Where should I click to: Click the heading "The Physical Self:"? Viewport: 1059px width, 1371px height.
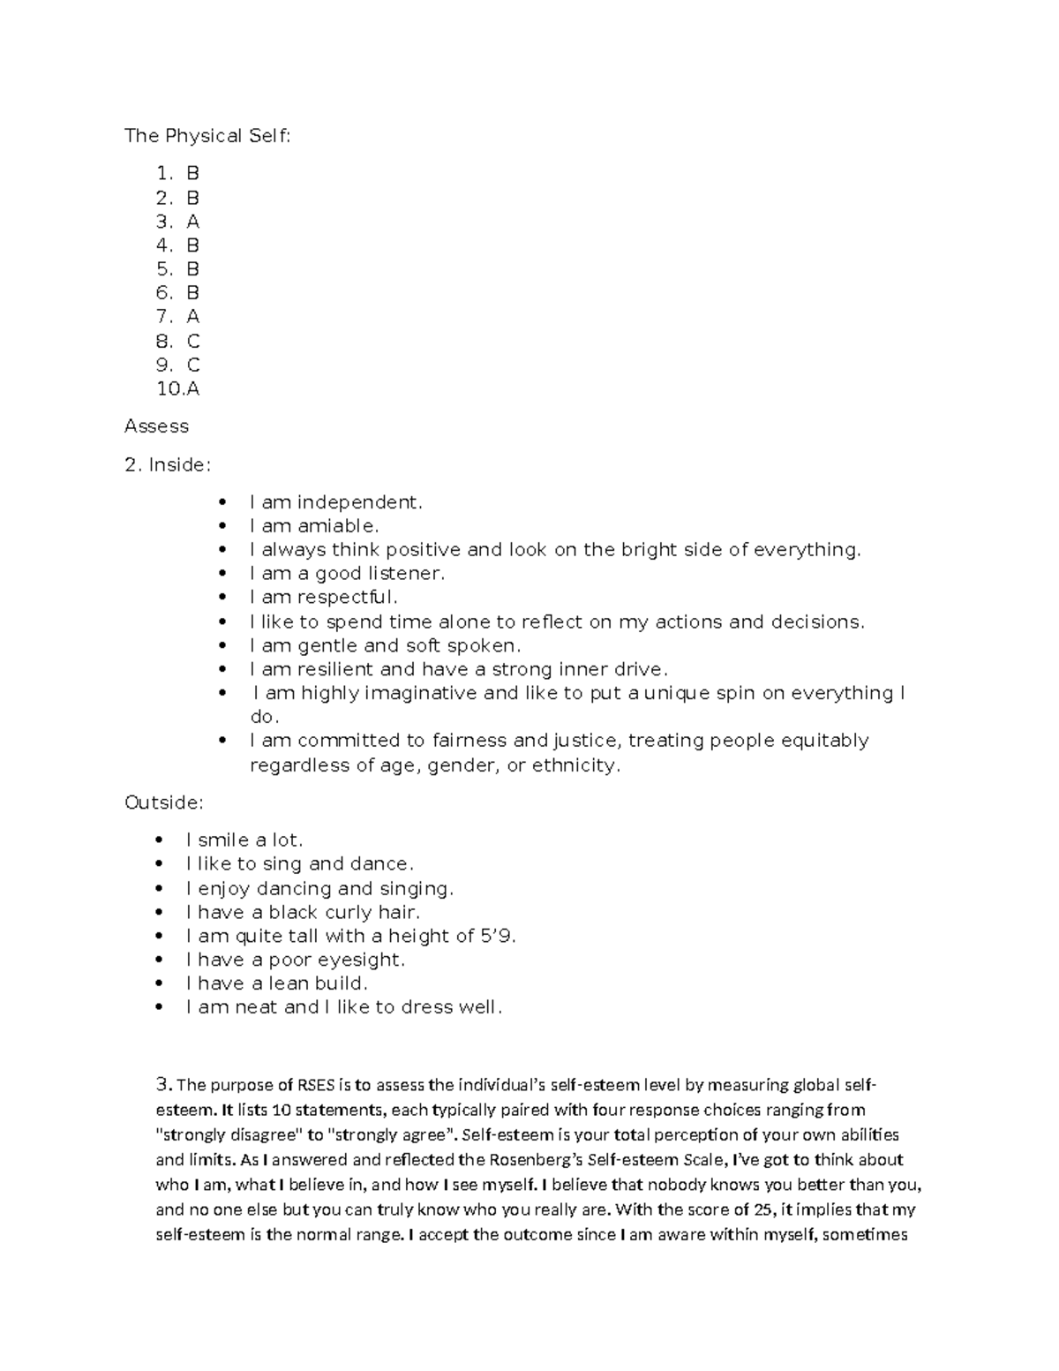point(207,136)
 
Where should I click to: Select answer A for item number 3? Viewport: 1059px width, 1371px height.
point(192,222)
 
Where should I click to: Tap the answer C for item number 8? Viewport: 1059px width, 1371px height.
point(193,341)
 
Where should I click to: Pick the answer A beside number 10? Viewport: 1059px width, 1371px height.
point(193,388)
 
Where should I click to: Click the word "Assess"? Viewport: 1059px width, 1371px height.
point(156,426)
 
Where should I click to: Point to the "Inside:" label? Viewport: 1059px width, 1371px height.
point(180,464)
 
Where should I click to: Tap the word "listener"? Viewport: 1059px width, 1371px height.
point(405,574)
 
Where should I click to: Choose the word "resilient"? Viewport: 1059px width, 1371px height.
point(334,669)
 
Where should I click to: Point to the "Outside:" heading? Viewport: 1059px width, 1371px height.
point(164,802)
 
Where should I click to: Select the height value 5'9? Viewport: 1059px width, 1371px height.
point(497,936)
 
